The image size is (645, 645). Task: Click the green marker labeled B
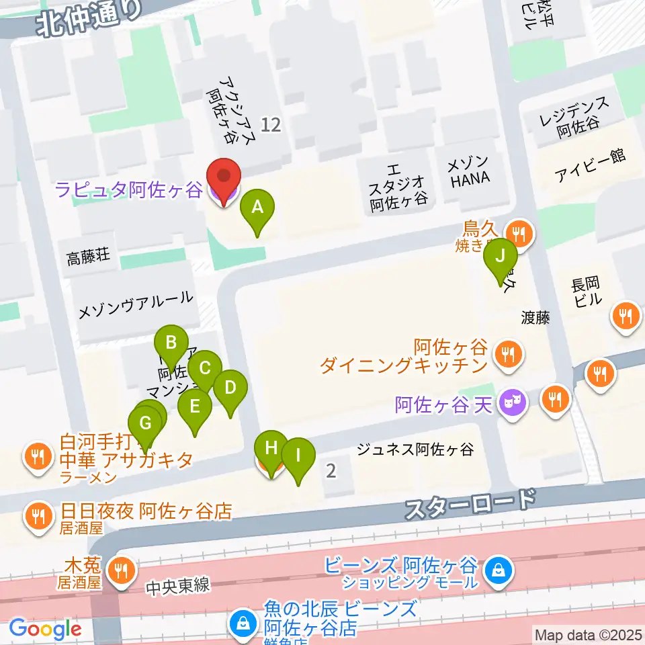171,344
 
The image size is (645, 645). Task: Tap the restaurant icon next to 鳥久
517,234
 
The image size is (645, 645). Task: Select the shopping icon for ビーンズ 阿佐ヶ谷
498,572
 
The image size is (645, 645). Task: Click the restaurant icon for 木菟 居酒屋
121,572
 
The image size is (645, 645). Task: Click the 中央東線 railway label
178,586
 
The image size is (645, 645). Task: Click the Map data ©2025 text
587,634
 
